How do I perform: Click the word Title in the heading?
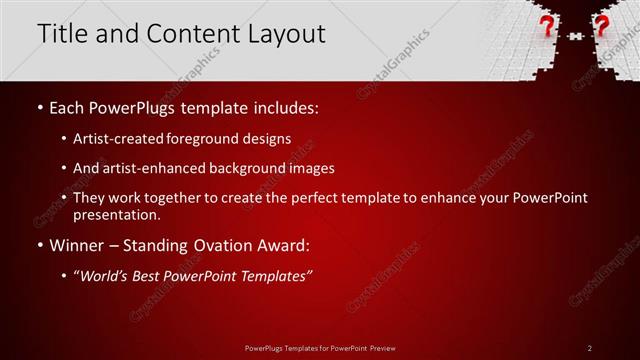click(62, 33)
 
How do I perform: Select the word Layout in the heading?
click(284, 33)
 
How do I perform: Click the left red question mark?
click(547, 26)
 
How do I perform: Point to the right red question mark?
click(601, 26)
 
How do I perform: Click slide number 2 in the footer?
click(590, 347)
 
